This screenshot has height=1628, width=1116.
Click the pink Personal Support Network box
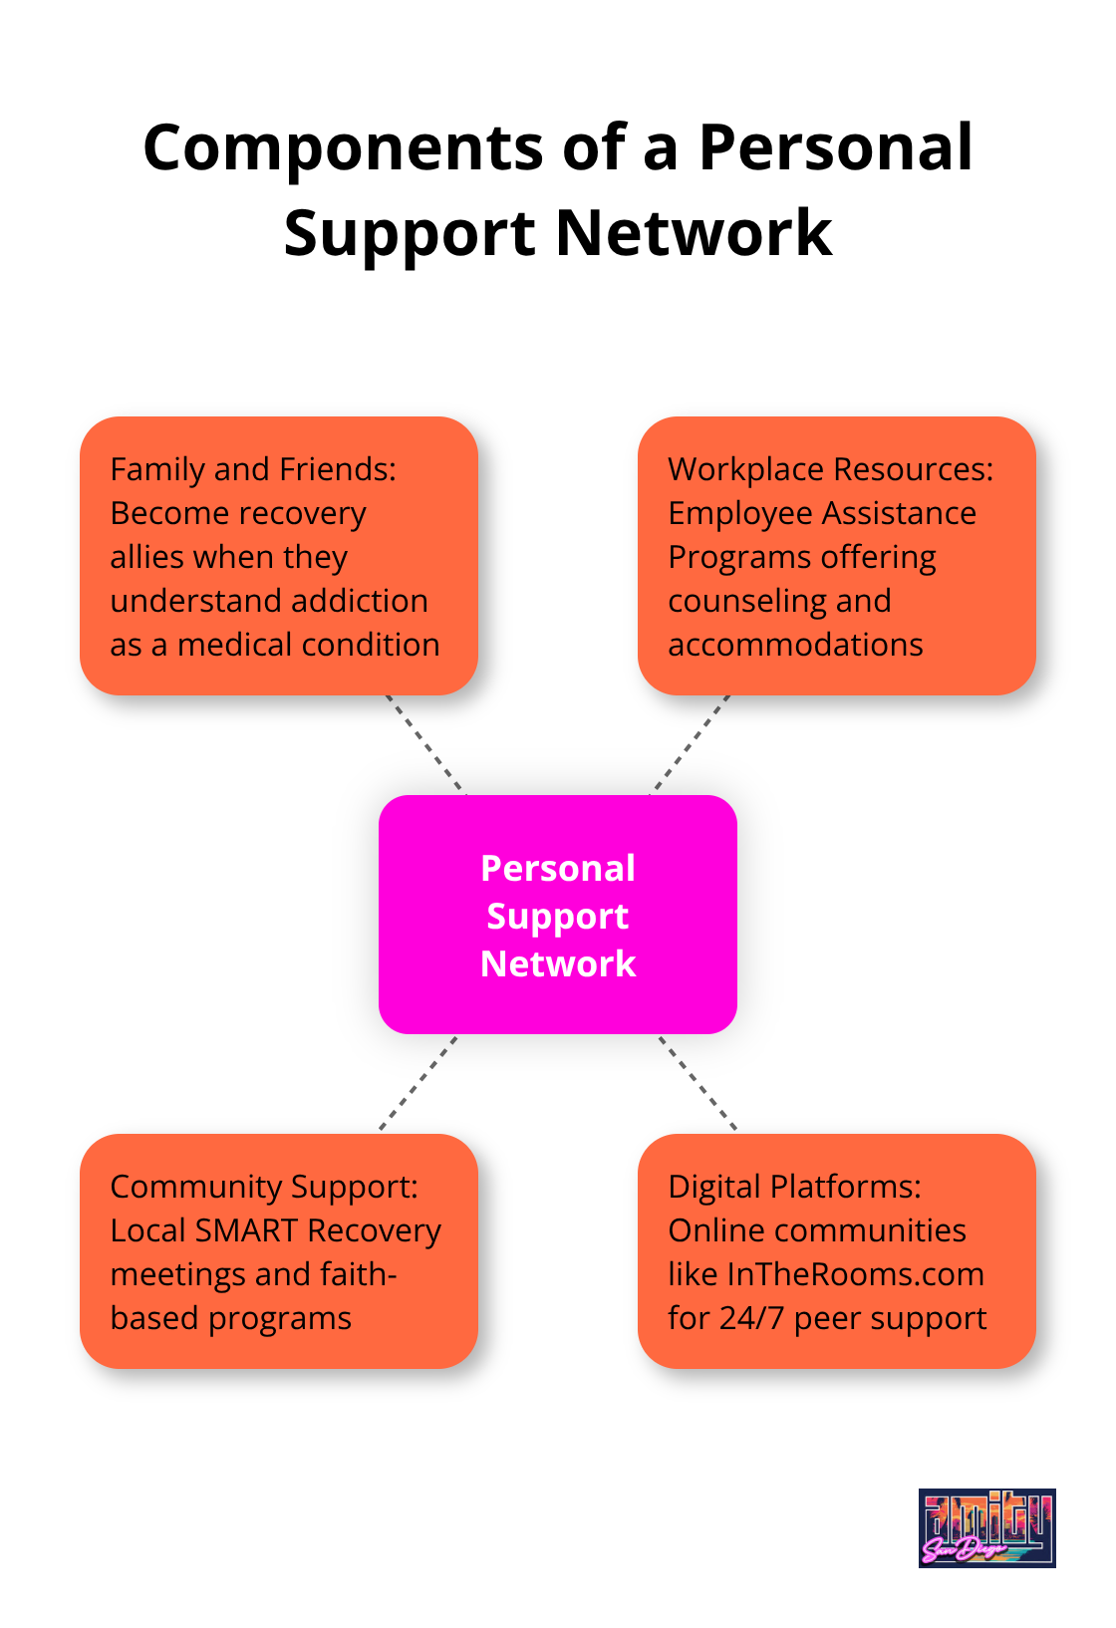558,915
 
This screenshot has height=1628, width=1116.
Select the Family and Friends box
279,556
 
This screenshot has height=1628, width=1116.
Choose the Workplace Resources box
837,556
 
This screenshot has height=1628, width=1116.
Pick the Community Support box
279,1251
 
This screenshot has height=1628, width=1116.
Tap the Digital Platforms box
837,1251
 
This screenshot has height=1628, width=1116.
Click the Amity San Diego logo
986,1527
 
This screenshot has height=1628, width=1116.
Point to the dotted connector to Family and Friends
425,744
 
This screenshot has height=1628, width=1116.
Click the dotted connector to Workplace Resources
691,744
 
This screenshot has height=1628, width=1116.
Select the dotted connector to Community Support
418,1083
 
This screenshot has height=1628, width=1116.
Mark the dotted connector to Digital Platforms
697,1083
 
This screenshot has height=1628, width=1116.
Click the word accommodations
795,645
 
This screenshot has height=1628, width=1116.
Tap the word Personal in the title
835,148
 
